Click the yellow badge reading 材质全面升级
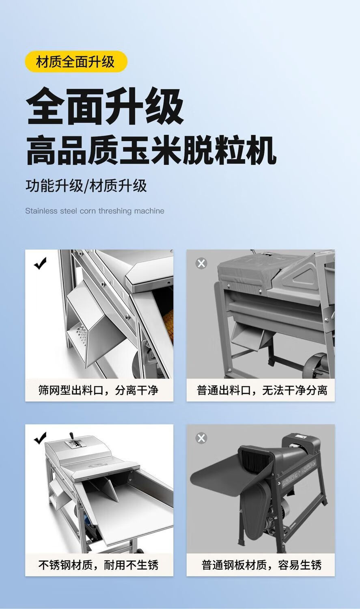click(76, 61)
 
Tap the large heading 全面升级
click(105, 106)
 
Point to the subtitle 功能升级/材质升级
click(86, 186)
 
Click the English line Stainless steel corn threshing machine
click(95, 211)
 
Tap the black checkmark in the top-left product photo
click(40, 263)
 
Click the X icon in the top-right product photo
click(201, 263)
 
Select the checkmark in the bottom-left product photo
click(40, 438)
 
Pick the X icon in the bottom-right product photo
click(201, 438)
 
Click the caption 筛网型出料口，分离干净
click(98, 390)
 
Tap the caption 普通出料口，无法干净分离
click(262, 390)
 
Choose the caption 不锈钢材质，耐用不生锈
click(98, 565)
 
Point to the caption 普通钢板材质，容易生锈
click(262, 565)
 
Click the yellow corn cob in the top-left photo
click(169, 324)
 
